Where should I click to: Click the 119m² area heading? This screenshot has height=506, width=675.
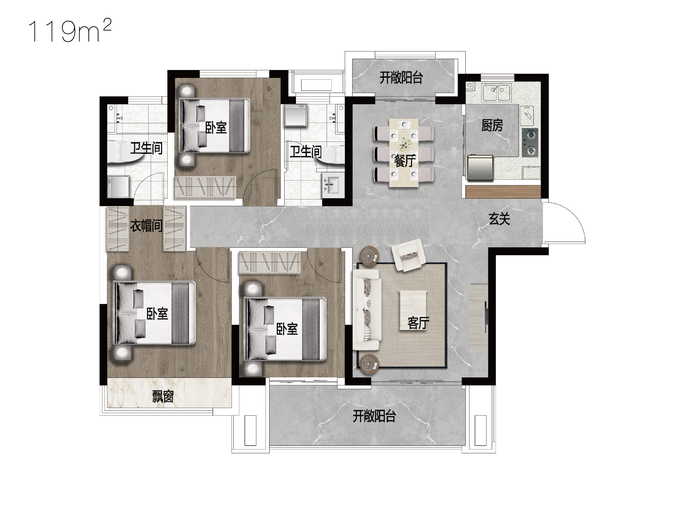coord(70,30)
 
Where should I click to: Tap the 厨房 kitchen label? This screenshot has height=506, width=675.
coord(492,125)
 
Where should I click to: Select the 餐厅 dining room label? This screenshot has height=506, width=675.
coord(405,161)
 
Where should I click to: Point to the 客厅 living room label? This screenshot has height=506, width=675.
coord(418,323)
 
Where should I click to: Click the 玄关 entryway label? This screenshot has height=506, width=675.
coord(499,219)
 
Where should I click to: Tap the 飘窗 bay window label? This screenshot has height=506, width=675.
coord(163,397)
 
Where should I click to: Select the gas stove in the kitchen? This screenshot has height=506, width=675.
coord(530,143)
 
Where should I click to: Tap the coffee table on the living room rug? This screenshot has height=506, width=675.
coord(413,310)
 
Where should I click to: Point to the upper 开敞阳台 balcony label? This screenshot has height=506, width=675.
coord(401,78)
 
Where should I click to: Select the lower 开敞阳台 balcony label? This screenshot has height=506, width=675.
coord(374,416)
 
